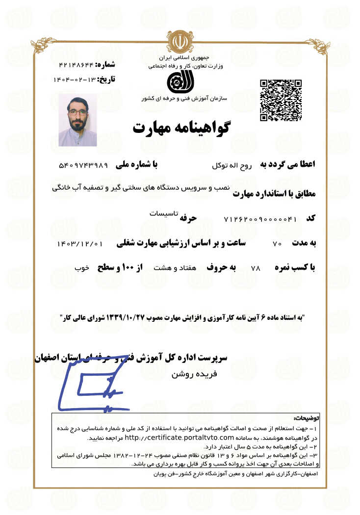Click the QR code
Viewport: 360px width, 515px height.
280,100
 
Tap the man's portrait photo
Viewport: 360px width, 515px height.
77,120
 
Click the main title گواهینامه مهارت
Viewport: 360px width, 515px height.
180,128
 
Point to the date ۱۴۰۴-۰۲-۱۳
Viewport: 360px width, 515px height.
74,79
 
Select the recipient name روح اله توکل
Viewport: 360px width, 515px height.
232,166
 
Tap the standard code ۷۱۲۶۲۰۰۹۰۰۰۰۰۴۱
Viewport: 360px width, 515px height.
260,219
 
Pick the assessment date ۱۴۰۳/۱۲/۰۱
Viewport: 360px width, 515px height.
80,243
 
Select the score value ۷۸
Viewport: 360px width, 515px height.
255,268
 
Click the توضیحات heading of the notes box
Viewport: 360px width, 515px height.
306,418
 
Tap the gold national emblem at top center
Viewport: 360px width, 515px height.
180,41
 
